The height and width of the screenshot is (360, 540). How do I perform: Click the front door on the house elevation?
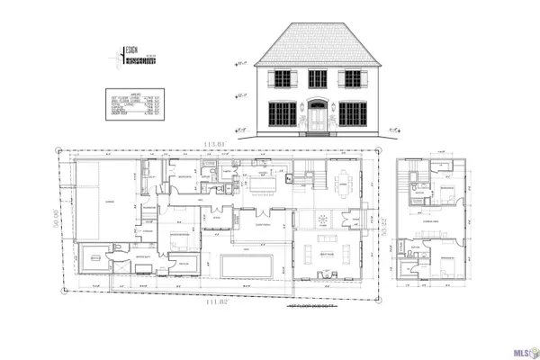coord(318,117)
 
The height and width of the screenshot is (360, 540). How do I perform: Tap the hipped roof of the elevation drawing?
coord(317,45)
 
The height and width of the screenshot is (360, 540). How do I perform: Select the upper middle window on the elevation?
coord(317,80)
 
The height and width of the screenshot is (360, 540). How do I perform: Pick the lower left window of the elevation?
coord(283,114)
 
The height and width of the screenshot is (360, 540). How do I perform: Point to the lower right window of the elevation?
coord(352,114)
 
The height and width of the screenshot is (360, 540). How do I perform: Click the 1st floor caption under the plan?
coord(304,309)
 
